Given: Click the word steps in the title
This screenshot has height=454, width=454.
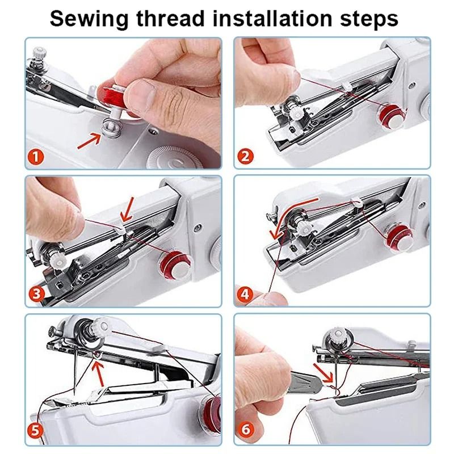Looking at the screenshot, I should tap(371, 19).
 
